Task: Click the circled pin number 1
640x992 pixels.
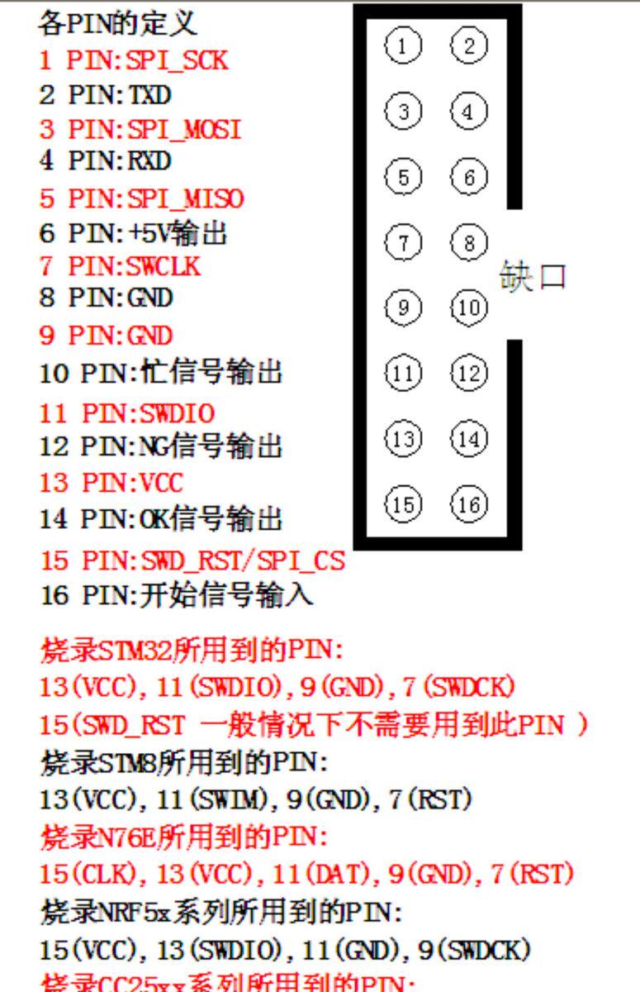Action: pyautogui.click(x=402, y=46)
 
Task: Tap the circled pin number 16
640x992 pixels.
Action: pyautogui.click(x=469, y=503)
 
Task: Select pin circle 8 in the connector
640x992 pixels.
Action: pyautogui.click(x=469, y=243)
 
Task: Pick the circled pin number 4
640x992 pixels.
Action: pyautogui.click(x=469, y=111)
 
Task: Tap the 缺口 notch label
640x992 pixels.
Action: pyautogui.click(x=533, y=277)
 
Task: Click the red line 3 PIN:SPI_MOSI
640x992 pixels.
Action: pyautogui.click(x=141, y=130)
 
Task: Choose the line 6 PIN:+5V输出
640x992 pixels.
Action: pyautogui.click(x=133, y=234)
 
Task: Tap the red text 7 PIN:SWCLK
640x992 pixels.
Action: pyautogui.click(x=120, y=267)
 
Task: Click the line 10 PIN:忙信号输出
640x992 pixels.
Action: pyautogui.click(x=160, y=374)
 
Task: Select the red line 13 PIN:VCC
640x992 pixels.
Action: pyautogui.click(x=111, y=482)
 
